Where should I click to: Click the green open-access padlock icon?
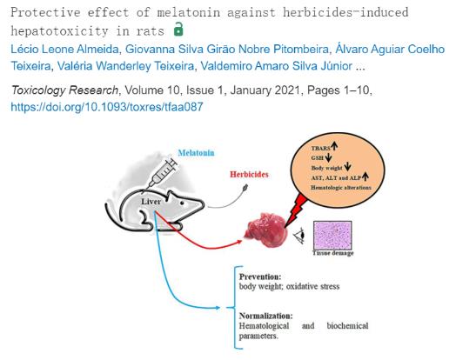[x=178, y=29]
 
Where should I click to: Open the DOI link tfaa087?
[x=107, y=107]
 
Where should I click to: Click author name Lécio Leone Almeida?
[x=64, y=49]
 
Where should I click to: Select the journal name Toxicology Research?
[x=64, y=90]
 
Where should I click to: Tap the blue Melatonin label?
[x=197, y=152]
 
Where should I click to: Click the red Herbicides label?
[x=249, y=174]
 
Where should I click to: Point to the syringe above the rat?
[x=161, y=174]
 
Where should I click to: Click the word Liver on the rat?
[x=151, y=202]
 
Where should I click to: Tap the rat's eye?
[x=182, y=203]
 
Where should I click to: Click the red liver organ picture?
[x=265, y=230]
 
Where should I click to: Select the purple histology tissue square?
[x=332, y=235]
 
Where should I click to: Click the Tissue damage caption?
[x=333, y=253]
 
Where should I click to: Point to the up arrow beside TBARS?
[x=334, y=145]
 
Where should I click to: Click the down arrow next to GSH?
[x=328, y=157]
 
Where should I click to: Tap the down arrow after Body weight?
[x=347, y=167]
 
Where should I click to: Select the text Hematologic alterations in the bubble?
[x=341, y=188]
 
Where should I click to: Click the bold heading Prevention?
[x=260, y=277]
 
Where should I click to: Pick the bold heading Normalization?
[x=265, y=316]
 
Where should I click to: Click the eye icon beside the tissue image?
[x=300, y=236]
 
